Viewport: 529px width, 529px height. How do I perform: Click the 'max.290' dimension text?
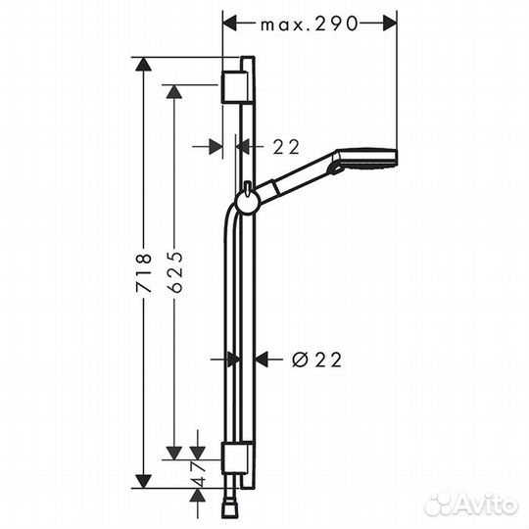pos(309,24)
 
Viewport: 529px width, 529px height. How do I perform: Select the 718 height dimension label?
pos(143,273)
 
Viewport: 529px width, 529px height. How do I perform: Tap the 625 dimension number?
pos(175,271)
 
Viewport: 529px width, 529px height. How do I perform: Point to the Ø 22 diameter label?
pos(316,360)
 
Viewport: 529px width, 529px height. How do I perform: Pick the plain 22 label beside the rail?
pos(286,147)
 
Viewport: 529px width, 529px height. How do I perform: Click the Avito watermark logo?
pos(471,505)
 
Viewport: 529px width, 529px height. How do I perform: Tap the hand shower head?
pos(365,160)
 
